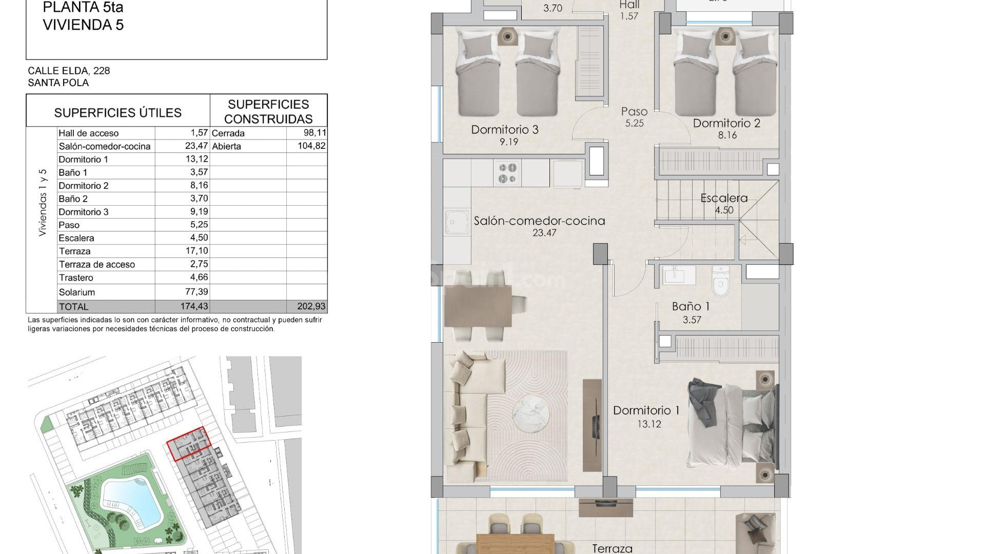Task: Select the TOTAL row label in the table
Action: (74, 307)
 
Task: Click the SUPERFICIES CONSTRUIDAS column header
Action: (268, 111)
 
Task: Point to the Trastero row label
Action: (76, 278)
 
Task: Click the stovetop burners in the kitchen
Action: (507, 173)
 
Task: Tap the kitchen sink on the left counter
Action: (457, 223)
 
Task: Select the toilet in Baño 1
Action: (720, 281)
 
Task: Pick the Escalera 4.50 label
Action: (724, 204)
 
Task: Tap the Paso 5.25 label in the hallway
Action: (635, 117)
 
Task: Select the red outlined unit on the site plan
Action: (189, 444)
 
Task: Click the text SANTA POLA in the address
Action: (58, 83)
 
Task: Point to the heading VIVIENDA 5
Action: (83, 25)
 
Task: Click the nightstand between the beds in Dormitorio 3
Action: (507, 36)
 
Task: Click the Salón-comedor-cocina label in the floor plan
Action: (539, 221)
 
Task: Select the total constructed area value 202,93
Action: (311, 306)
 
